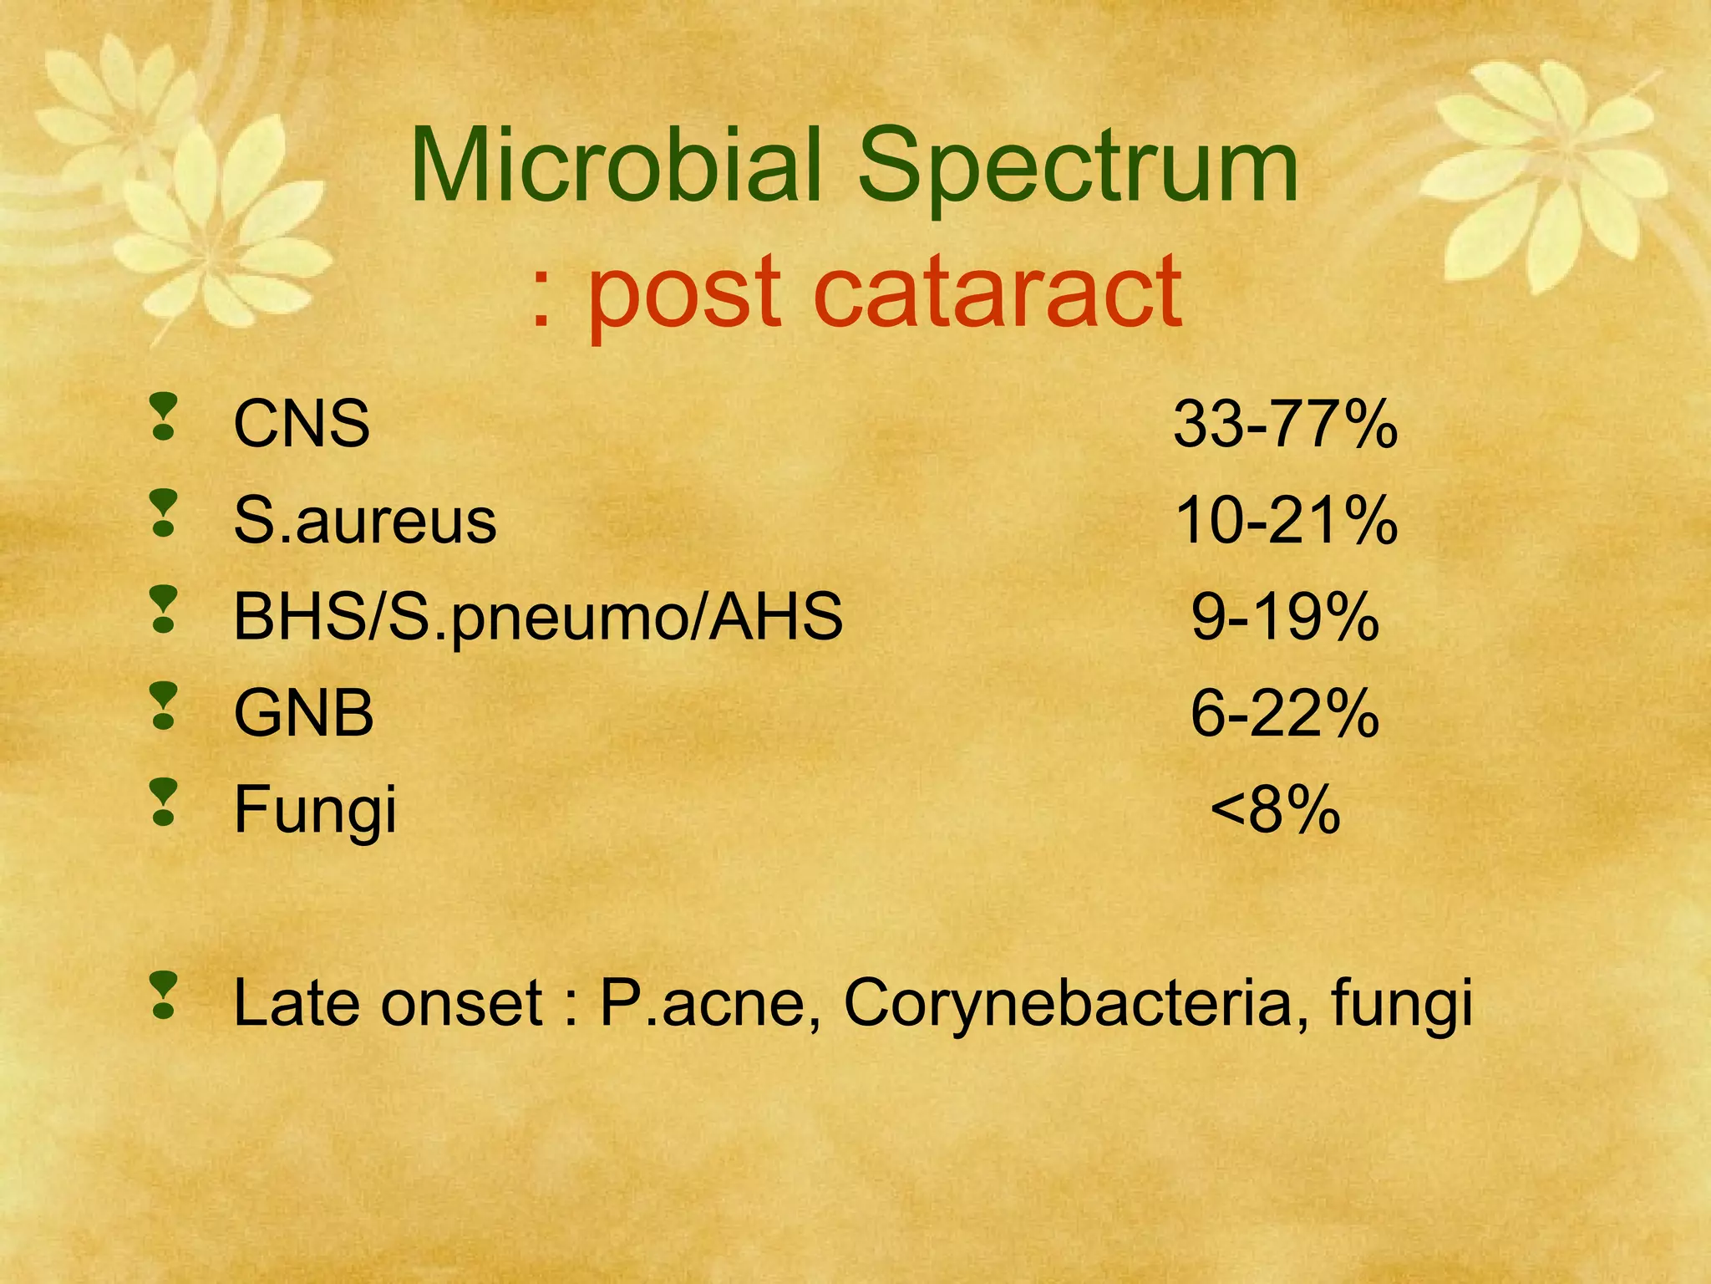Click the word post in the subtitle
point(684,297)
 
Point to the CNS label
point(302,424)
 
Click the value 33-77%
point(1285,425)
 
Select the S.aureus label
point(365,521)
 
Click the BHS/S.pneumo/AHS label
point(538,618)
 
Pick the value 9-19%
point(1284,618)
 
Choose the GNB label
point(303,714)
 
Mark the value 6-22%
point(1284,714)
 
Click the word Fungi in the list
point(315,811)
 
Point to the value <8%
point(1275,811)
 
